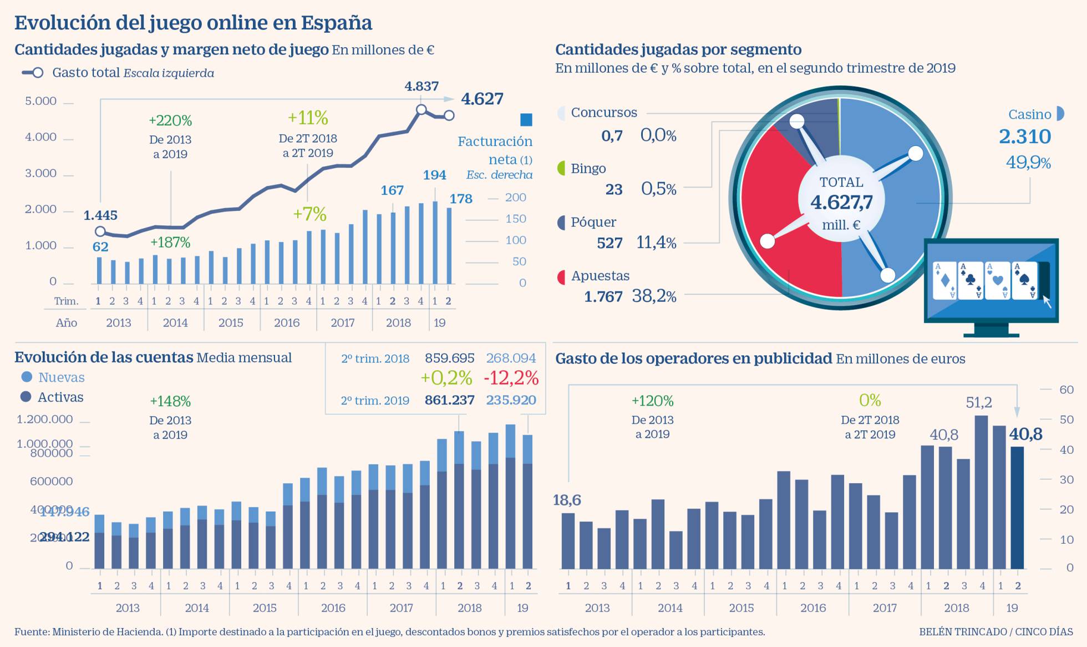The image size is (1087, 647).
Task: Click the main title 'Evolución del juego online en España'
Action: (193, 23)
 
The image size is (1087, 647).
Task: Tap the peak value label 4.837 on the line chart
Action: (421, 87)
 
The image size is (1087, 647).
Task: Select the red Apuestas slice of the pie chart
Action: (788, 222)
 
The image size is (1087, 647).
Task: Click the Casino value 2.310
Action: (1024, 137)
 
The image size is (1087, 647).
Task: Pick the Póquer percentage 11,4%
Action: (656, 242)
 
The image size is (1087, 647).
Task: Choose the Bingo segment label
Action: (588, 169)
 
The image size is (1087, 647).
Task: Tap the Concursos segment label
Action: (603, 113)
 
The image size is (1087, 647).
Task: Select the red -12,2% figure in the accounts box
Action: (511, 378)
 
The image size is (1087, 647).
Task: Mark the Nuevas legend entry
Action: (61, 377)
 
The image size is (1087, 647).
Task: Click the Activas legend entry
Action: (60, 397)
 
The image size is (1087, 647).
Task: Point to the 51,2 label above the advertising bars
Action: (978, 402)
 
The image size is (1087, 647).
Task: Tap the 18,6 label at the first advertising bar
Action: (567, 500)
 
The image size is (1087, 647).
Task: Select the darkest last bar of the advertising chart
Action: (1017, 508)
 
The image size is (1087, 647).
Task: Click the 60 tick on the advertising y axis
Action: (1066, 390)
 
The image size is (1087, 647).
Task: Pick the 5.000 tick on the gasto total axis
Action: (41, 101)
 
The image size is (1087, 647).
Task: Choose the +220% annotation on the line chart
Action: (170, 120)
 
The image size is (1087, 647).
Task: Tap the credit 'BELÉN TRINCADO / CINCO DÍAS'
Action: (995, 631)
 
